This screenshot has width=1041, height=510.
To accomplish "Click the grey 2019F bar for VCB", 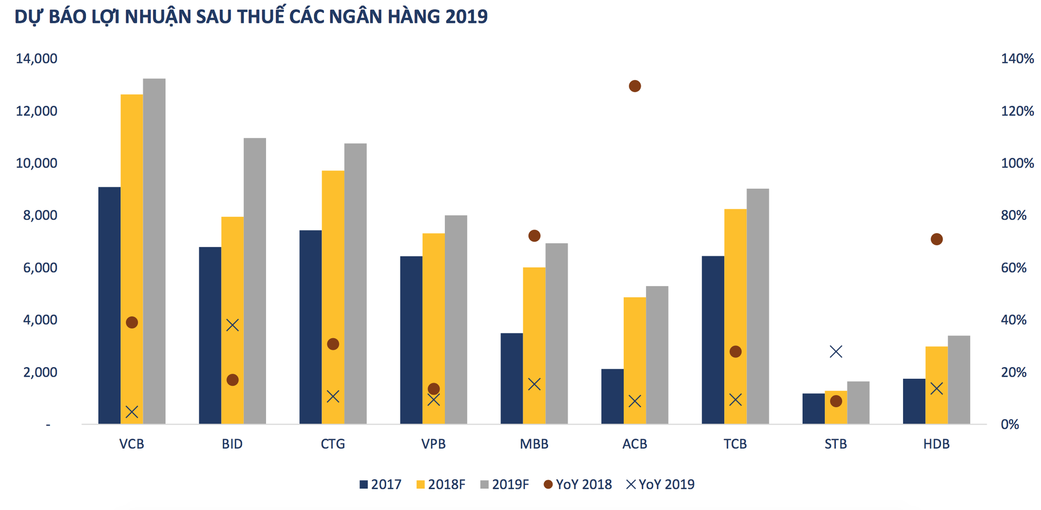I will click(x=154, y=250).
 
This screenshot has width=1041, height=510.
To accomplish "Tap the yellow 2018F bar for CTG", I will click(x=333, y=297).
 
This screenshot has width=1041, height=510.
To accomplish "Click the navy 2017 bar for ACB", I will click(x=612, y=396).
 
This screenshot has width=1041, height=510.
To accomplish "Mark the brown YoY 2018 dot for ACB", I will click(x=634, y=86).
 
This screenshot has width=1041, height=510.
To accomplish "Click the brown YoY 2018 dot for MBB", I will click(x=534, y=235).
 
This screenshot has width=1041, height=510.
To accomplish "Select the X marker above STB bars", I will click(x=835, y=352).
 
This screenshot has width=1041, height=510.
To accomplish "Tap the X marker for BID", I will click(x=232, y=325).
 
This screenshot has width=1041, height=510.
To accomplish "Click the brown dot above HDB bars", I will click(x=936, y=239).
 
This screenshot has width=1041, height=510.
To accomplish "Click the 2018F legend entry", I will click(x=441, y=484).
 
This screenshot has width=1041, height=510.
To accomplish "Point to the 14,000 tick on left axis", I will click(x=36, y=58).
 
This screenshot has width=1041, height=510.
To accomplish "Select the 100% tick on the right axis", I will click(x=1017, y=163).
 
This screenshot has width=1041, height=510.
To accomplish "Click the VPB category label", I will click(x=433, y=444).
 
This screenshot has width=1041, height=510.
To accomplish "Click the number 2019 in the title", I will click(x=466, y=17).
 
